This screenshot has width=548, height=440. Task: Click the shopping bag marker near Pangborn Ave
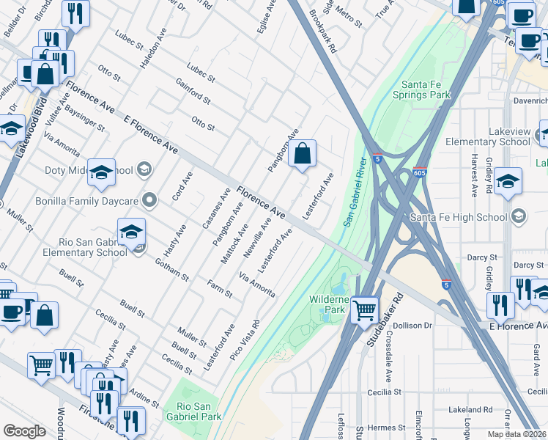point(302,154)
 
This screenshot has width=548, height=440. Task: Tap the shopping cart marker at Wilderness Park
point(364,310)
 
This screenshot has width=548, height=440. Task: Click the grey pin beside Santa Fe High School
point(519,216)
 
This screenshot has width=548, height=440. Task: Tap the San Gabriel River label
point(354,191)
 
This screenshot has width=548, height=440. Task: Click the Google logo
point(24,431)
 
